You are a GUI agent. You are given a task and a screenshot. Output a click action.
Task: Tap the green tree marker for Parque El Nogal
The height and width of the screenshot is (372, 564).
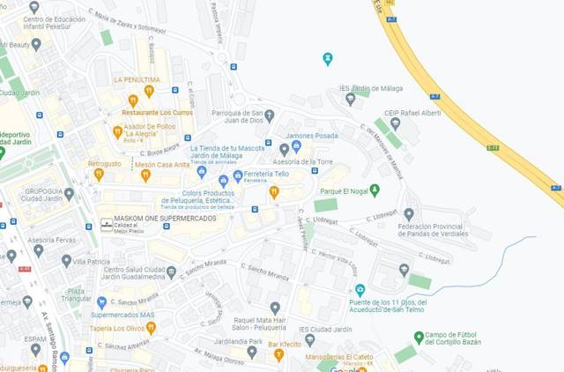coord(375,190)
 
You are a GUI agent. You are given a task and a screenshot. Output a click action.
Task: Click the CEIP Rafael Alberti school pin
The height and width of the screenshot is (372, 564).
coord(394,123)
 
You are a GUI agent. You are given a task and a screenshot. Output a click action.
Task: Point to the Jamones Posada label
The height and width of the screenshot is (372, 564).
coord(312,136)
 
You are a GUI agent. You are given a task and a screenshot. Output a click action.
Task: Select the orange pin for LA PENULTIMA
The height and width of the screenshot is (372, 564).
coord(149,91)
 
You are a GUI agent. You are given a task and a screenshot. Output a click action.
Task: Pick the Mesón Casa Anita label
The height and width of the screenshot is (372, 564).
coord(162,165)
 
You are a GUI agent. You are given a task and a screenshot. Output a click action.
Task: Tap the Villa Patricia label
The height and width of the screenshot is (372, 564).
coord(92,262)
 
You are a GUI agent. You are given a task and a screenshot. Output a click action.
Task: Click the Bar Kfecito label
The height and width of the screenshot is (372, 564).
coord(285,343)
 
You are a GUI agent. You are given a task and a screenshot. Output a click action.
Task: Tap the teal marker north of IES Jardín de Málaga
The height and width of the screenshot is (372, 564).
coord(328,59)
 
